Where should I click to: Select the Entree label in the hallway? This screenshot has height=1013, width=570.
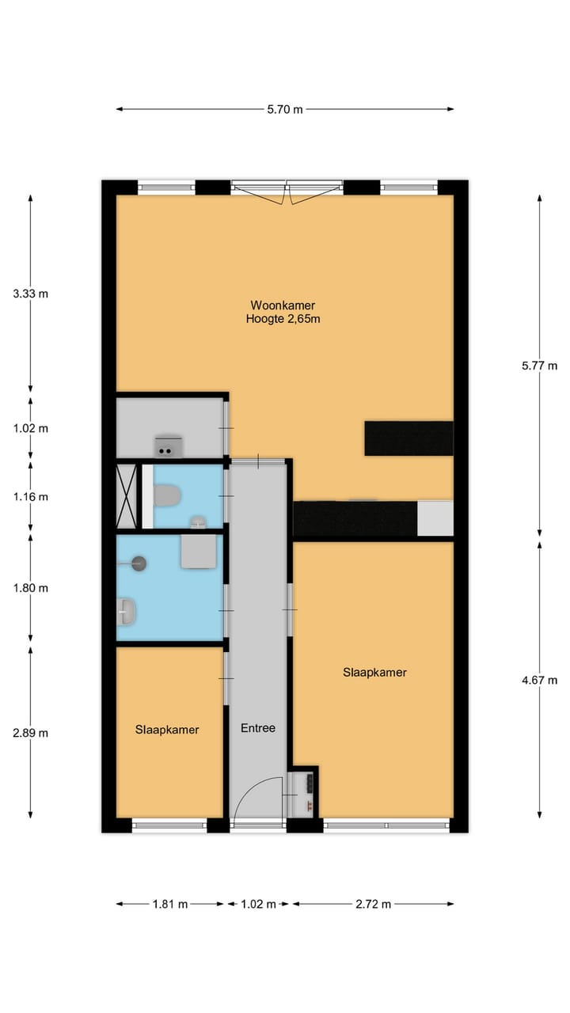click(x=258, y=728)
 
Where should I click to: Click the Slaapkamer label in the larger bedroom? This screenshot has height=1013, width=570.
click(x=374, y=673)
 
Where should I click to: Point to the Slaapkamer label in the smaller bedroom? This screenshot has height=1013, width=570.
click(x=167, y=730)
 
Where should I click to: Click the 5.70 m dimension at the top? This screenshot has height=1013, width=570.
click(x=285, y=109)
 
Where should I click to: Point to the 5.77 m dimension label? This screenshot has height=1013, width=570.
click(x=541, y=366)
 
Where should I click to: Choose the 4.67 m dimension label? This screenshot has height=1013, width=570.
click(x=541, y=680)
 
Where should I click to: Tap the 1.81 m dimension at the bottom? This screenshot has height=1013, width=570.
click(x=170, y=904)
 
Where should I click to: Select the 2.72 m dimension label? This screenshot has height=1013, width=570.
click(x=374, y=904)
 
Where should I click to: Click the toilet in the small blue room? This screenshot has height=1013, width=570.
click(x=167, y=496)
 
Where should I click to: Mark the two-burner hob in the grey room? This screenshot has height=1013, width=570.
click(x=169, y=448)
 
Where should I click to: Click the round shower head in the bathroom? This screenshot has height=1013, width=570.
click(x=139, y=563)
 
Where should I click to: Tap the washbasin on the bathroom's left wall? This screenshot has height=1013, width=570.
click(x=127, y=611)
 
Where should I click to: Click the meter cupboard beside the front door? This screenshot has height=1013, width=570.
click(x=304, y=791)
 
